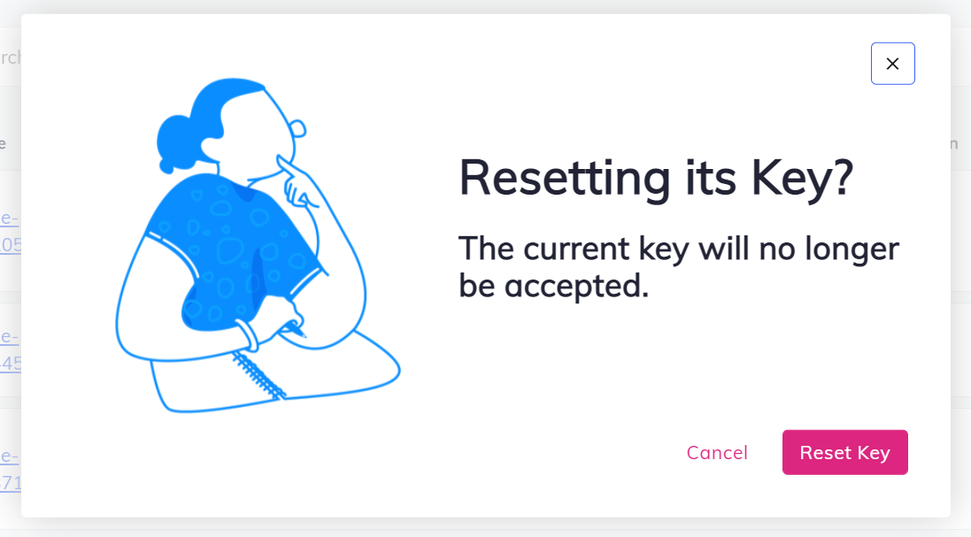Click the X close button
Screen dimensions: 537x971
point(892,64)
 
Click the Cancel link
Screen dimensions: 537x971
point(717,453)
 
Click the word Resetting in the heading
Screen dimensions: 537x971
point(565,179)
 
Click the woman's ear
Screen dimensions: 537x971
point(297,130)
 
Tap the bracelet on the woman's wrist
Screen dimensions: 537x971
point(250,335)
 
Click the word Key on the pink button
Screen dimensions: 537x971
point(873,453)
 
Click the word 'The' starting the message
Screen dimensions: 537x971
point(486,249)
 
